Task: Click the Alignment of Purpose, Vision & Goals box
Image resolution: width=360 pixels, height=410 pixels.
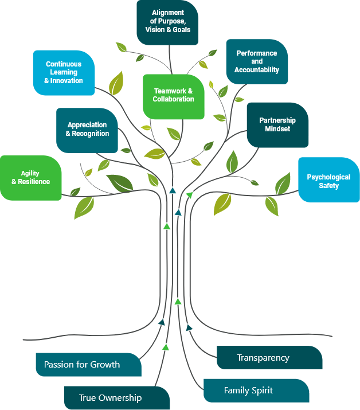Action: click(x=167, y=22)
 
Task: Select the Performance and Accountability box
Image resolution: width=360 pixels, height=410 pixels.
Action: click(x=257, y=61)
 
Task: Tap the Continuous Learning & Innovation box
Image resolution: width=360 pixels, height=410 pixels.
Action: click(x=64, y=72)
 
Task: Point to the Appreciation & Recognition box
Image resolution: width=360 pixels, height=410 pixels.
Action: click(x=87, y=130)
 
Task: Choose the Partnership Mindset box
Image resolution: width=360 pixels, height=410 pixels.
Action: click(x=277, y=124)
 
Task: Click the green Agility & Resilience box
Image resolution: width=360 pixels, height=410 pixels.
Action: click(x=31, y=178)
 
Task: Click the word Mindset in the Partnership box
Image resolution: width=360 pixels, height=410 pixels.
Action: click(x=277, y=129)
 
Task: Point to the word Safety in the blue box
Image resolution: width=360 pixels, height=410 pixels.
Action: click(x=329, y=186)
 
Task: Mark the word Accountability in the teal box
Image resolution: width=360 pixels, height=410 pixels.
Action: click(x=257, y=70)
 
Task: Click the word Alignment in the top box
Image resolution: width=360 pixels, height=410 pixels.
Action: click(x=167, y=13)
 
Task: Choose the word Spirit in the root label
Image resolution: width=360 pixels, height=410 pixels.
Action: click(x=261, y=391)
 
